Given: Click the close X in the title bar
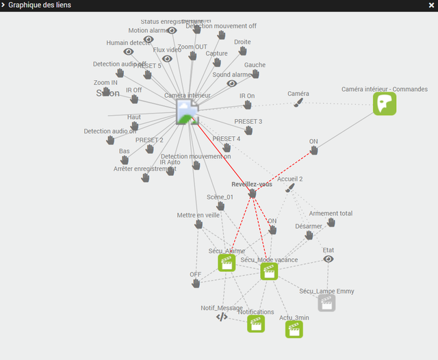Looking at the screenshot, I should point(430,5).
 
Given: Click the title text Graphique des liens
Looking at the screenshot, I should point(39,5).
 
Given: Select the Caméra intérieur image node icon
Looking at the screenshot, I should point(187,111).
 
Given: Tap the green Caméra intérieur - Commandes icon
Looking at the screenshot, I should point(385,103).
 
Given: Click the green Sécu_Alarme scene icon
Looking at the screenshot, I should point(227,262).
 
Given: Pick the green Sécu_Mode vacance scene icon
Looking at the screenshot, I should point(269,271).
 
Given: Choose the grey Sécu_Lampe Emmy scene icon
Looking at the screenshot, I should point(326,303).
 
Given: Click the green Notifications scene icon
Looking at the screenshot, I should point(256,323).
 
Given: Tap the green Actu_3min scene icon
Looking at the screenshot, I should point(294,329).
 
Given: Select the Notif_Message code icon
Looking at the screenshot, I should point(222,317).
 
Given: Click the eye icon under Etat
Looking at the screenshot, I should point(328,259).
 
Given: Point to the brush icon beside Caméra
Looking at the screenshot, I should point(298,102).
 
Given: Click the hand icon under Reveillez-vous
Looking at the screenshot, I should point(252,194).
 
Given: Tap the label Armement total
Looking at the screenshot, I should point(331,214).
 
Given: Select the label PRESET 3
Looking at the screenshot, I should point(248,122).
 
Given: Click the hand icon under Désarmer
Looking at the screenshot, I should point(309,235).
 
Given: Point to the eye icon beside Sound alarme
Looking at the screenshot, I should point(231,83).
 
